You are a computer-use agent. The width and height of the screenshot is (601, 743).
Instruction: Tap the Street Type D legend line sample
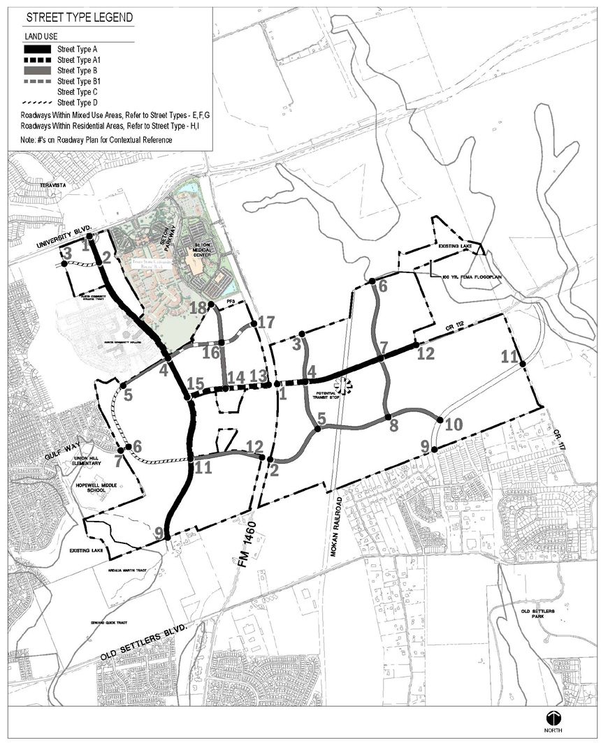coord(38,102)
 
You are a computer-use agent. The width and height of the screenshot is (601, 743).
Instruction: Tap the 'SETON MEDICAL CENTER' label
coord(201,249)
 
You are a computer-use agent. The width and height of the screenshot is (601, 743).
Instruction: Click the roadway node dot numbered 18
coord(210,304)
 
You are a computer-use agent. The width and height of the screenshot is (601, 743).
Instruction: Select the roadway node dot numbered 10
coord(440,420)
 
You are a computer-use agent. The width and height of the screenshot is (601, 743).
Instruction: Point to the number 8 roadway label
coord(393,426)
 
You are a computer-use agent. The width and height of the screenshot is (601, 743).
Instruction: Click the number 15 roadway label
coord(196,383)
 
